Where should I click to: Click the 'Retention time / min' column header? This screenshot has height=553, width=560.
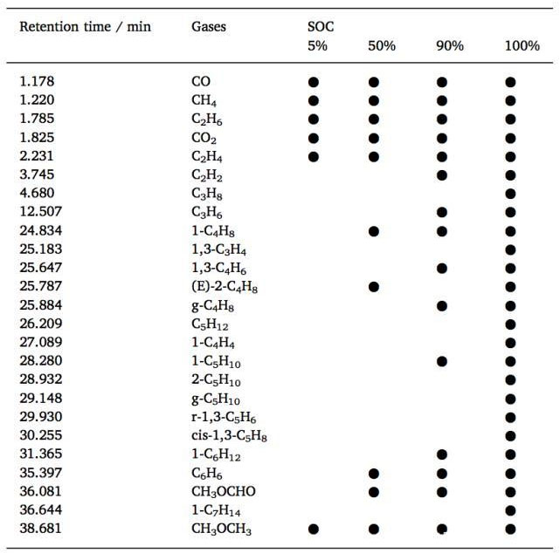click(85, 27)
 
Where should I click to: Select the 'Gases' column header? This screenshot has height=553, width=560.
click(209, 27)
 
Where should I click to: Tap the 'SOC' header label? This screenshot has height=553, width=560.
click(311, 27)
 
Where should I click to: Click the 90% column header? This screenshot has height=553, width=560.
click(449, 46)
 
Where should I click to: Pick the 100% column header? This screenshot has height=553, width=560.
click(522, 46)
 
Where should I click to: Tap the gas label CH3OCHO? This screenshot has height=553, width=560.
click(224, 491)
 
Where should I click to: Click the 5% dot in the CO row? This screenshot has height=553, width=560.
click(314, 83)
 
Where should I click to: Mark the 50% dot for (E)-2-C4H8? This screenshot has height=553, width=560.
click(374, 287)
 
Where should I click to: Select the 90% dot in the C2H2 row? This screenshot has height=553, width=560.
click(442, 175)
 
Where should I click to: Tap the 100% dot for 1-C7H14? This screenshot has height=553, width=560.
click(511, 510)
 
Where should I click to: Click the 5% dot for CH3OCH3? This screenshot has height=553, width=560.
click(314, 529)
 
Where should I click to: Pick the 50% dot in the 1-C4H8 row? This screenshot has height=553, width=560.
click(374, 231)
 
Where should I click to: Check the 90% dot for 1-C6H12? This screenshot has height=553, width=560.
click(442, 454)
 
